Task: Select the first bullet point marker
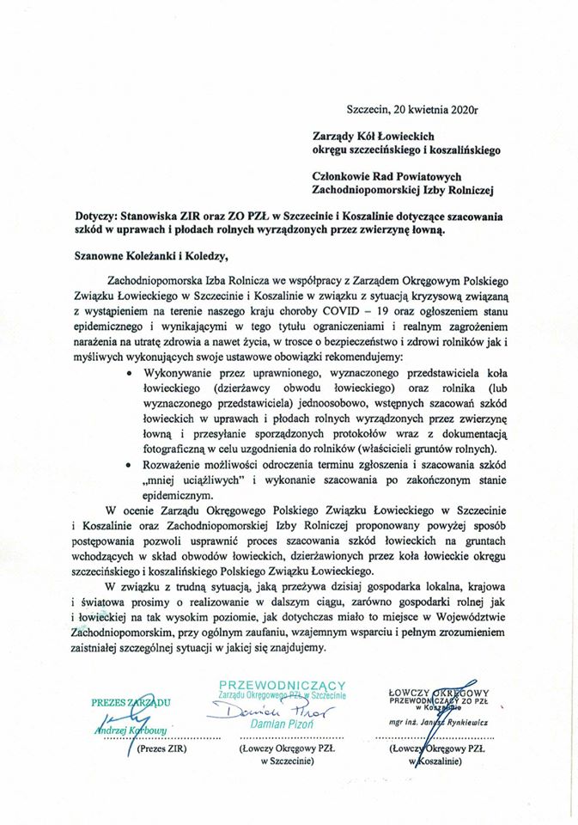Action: click(x=130, y=375)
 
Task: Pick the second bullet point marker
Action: click(x=130, y=464)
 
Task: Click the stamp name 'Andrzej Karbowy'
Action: click(x=131, y=731)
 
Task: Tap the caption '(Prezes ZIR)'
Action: click(x=162, y=749)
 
